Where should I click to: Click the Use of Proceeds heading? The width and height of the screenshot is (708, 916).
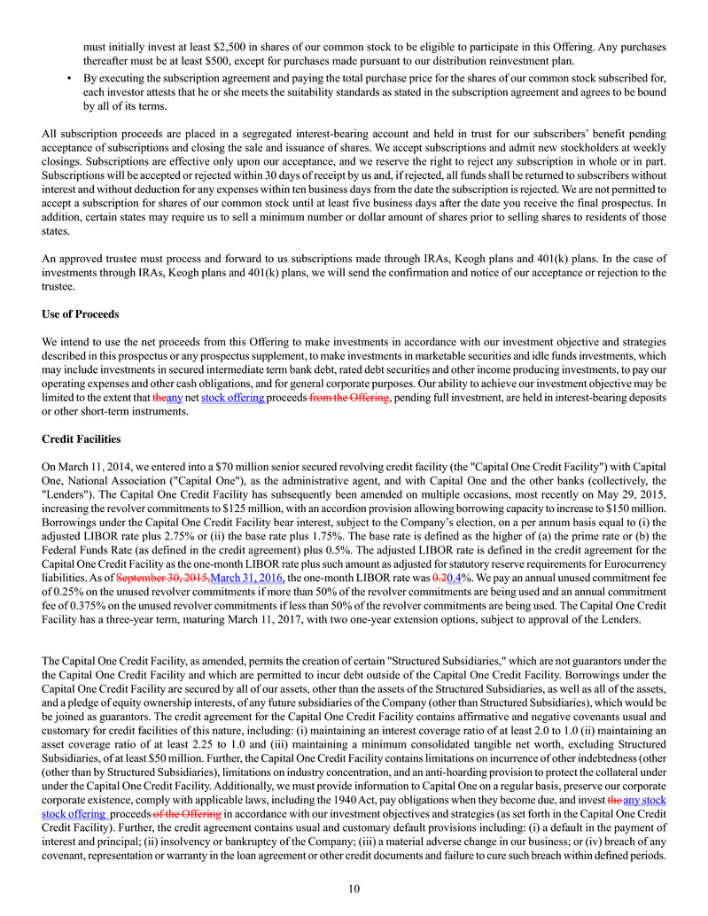(80, 314)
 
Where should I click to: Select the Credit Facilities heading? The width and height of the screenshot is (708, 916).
(81, 439)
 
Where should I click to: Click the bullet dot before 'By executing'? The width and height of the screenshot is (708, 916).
(70, 78)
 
